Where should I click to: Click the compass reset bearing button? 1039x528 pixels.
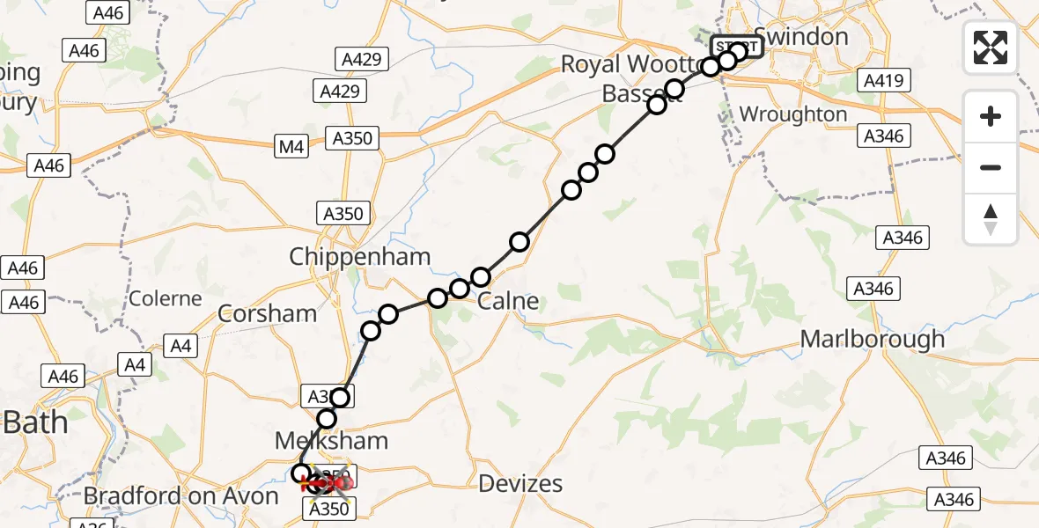(991, 219)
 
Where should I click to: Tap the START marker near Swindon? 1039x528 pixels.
(737, 47)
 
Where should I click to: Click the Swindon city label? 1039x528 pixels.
(801, 37)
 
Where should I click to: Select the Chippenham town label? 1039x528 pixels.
(361, 257)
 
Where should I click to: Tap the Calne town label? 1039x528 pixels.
(508, 302)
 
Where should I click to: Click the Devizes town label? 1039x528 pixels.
(521, 483)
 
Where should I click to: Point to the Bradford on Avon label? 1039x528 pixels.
(181, 496)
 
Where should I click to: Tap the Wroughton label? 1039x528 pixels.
(793, 114)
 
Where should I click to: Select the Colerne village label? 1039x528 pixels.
(166, 298)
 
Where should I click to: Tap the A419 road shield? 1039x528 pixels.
(881, 82)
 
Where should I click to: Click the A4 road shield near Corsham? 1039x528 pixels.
(181, 347)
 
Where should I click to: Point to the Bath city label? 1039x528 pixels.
(35, 422)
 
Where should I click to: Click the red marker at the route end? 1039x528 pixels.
(339, 482)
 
